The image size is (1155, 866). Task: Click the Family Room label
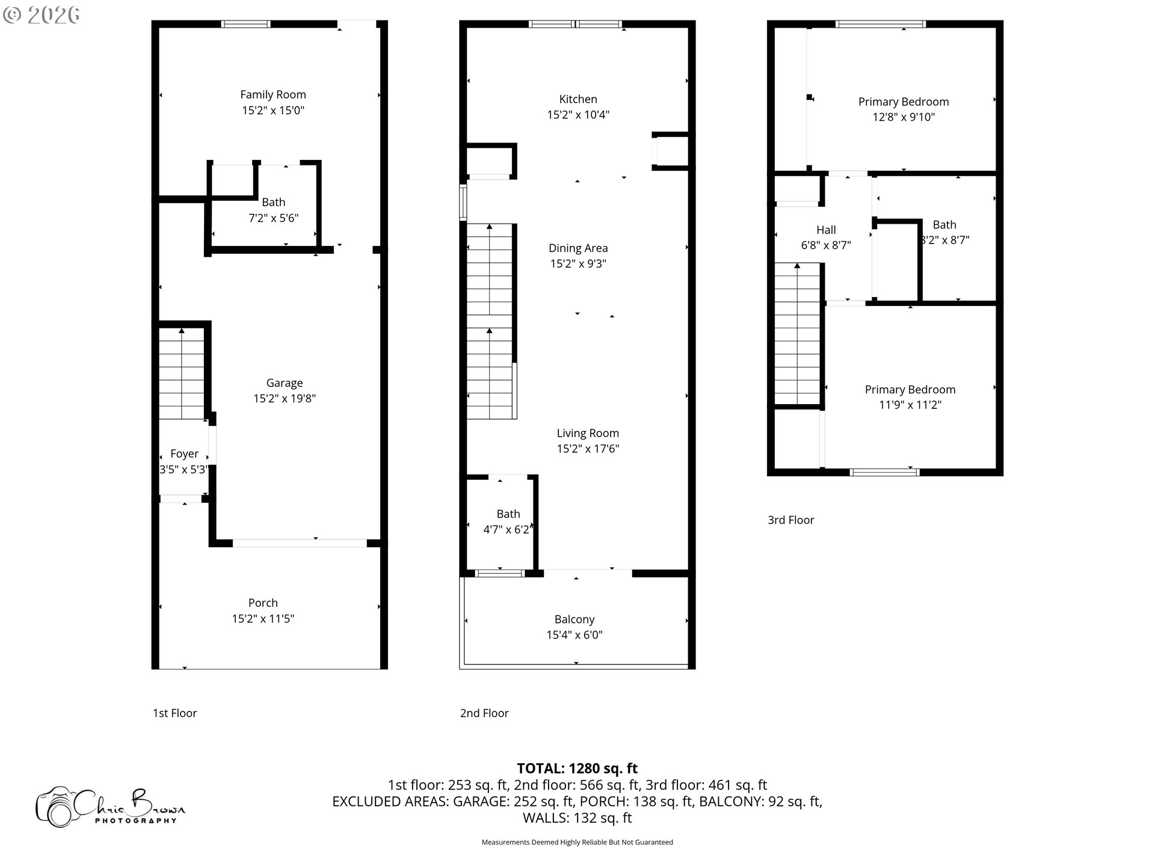[273, 94]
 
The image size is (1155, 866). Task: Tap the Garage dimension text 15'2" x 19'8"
[284, 398]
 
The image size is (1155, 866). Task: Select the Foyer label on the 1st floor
[184, 453]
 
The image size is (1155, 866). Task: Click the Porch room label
[263, 603]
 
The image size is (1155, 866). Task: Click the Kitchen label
[577, 99]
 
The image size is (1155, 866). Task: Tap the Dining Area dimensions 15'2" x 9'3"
[577, 263]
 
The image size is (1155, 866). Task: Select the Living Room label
[587, 433]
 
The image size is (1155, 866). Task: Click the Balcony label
[574, 619]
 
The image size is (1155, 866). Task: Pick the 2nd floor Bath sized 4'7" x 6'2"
[508, 521]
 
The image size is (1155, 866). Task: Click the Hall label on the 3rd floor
[825, 230]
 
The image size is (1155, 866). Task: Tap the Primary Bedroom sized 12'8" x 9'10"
[903, 109]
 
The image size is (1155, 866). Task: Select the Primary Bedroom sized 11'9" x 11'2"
[910, 397]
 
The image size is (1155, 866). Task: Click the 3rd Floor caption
[790, 520]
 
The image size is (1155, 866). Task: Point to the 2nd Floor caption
[484, 713]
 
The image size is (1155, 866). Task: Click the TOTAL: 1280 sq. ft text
[577, 769]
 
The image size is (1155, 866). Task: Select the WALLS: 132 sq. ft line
[577, 818]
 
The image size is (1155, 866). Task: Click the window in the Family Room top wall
[245, 24]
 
